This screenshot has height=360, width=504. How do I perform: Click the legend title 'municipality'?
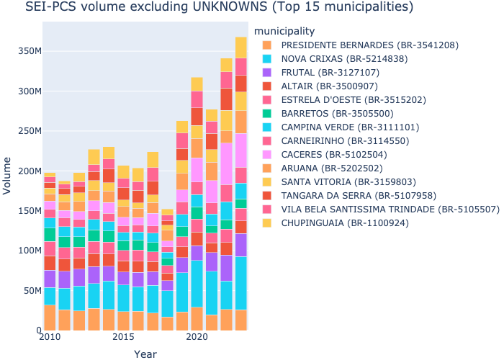284,31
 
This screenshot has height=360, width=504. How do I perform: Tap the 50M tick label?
27,290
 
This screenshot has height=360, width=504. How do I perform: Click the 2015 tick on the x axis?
123,338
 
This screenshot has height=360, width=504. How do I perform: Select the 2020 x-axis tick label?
197,338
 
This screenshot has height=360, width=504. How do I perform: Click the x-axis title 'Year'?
145,354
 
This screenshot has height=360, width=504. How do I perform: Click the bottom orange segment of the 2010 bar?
50,318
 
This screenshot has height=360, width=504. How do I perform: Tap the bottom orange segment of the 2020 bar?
197,318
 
